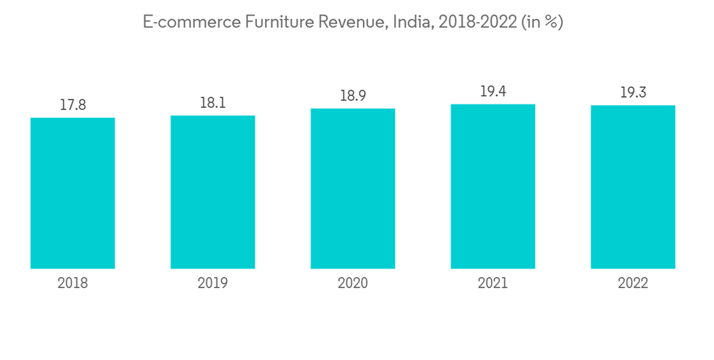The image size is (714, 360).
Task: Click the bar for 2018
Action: click(73, 193)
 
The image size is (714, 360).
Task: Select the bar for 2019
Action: click(213, 191)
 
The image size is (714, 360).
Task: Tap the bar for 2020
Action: click(353, 189)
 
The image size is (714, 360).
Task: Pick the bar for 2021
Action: click(493, 186)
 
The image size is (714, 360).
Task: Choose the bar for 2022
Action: click(633, 187)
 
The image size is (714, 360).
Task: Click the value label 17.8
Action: click(73, 105)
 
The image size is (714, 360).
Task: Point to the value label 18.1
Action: click(213, 103)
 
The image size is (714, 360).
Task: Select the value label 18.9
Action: click(353, 96)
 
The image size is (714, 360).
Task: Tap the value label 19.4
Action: click(493, 91)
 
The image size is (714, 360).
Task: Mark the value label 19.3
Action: click(633, 93)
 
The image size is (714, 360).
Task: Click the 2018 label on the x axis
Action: click(73, 284)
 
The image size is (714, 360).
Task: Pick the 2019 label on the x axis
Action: click(213, 284)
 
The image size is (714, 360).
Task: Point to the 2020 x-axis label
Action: click(353, 284)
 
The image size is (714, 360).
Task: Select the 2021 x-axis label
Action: click(493, 284)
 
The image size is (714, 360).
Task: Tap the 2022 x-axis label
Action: click(633, 284)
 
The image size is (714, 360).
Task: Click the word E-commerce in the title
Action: click(191, 23)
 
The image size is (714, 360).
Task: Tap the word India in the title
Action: click(413, 23)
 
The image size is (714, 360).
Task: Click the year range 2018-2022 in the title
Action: click(477, 23)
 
